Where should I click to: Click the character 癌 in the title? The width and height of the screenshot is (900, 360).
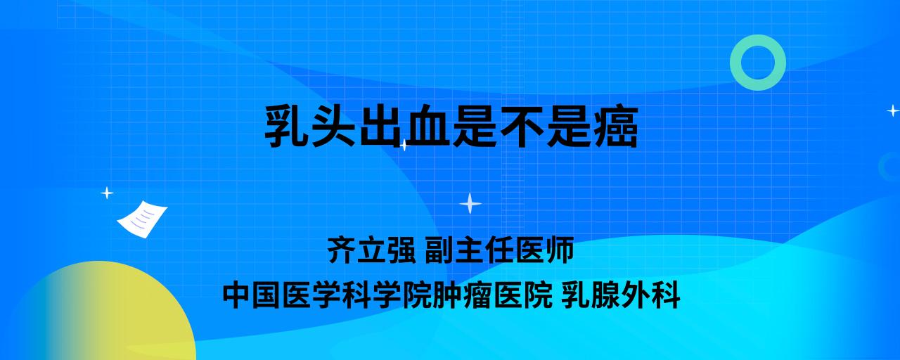click(x=616, y=127)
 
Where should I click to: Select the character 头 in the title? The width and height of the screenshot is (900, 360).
click(x=333, y=127)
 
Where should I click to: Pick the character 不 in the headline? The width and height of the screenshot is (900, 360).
click(x=522, y=127)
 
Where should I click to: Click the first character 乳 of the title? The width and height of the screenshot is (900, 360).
click(x=286, y=127)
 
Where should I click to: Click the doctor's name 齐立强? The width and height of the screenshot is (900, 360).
click(x=372, y=250)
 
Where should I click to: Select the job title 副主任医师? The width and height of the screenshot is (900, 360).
click(x=499, y=250)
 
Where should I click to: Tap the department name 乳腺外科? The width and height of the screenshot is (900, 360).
click(x=621, y=295)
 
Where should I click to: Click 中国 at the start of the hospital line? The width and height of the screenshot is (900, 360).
click(x=252, y=295)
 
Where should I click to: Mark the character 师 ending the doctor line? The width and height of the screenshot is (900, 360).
click(x=560, y=250)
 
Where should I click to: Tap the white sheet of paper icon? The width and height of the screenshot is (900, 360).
click(x=142, y=219)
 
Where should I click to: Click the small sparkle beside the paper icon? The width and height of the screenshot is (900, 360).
click(x=107, y=193)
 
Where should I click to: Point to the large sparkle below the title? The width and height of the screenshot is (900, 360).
click(x=470, y=203)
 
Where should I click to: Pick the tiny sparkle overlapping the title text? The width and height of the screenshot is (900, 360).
click(x=404, y=145)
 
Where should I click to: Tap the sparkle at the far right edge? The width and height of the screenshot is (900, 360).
click(x=893, y=110)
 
